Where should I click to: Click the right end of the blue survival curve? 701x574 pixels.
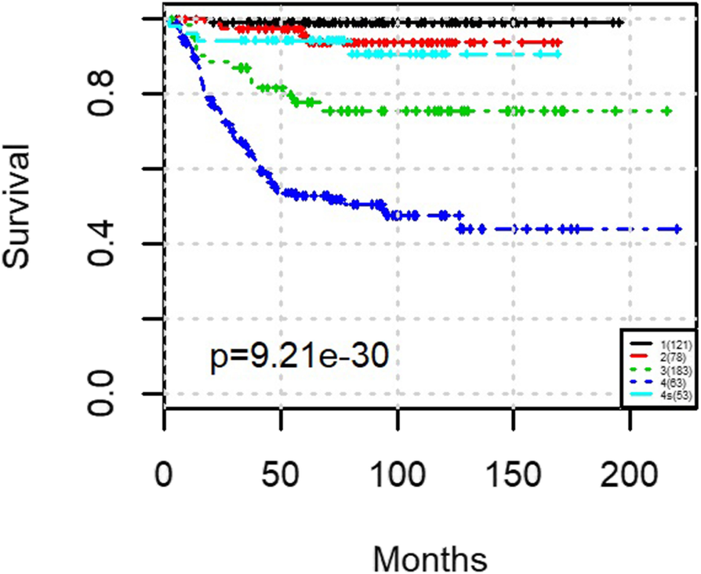[678, 228]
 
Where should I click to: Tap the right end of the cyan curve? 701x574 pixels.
[558, 54]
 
